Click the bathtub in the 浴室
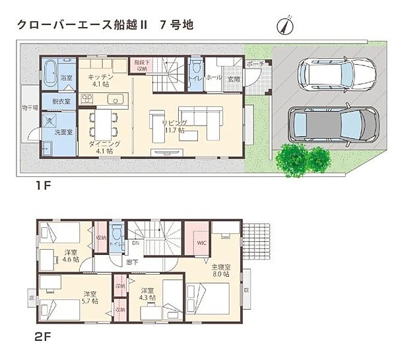(51, 70)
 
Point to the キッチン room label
(101, 81)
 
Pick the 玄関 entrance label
(234, 79)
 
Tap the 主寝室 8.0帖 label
(220, 270)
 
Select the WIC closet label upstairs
(202, 242)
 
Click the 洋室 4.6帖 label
(71, 256)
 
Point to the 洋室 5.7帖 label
(90, 297)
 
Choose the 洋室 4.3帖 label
(148, 295)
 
